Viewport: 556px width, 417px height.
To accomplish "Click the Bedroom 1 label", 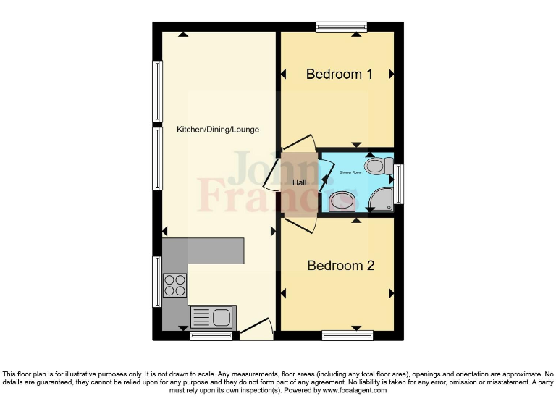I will tap(339, 75).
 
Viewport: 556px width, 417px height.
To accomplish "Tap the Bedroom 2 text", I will tap(340, 266).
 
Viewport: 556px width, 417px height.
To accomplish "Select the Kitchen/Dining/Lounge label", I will tap(218, 130).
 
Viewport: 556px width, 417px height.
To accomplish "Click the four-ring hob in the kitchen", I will tap(174, 285).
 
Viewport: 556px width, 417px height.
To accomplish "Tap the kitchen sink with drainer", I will tap(213, 317).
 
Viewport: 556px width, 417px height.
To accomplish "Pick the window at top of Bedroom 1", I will tap(342, 28).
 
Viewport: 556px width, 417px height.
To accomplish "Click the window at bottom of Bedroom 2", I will tap(347, 334).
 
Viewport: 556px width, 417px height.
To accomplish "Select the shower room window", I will tap(399, 180).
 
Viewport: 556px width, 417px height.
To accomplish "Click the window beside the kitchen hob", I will tap(157, 282).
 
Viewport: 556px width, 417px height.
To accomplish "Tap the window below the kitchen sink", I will tap(211, 335).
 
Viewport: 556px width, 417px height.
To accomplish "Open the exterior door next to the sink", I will tap(256, 329).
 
